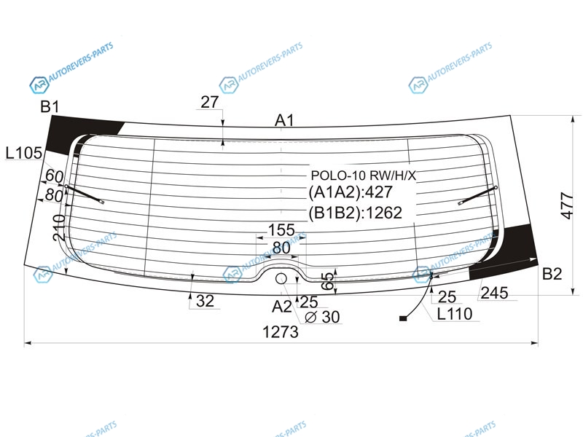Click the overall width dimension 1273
281,332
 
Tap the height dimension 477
568,205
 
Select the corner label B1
50,106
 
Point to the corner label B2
552,274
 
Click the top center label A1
284,120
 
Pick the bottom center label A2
282,307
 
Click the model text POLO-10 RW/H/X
363,176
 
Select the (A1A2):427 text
351,192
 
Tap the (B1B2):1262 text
355,213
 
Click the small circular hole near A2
281,278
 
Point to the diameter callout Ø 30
322,317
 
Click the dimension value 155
281,230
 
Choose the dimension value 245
494,294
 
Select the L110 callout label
454,314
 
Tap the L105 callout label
24,153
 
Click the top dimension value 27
210,102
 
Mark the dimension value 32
206,301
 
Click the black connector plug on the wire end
403,318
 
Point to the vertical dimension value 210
60,227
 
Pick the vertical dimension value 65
328,281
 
